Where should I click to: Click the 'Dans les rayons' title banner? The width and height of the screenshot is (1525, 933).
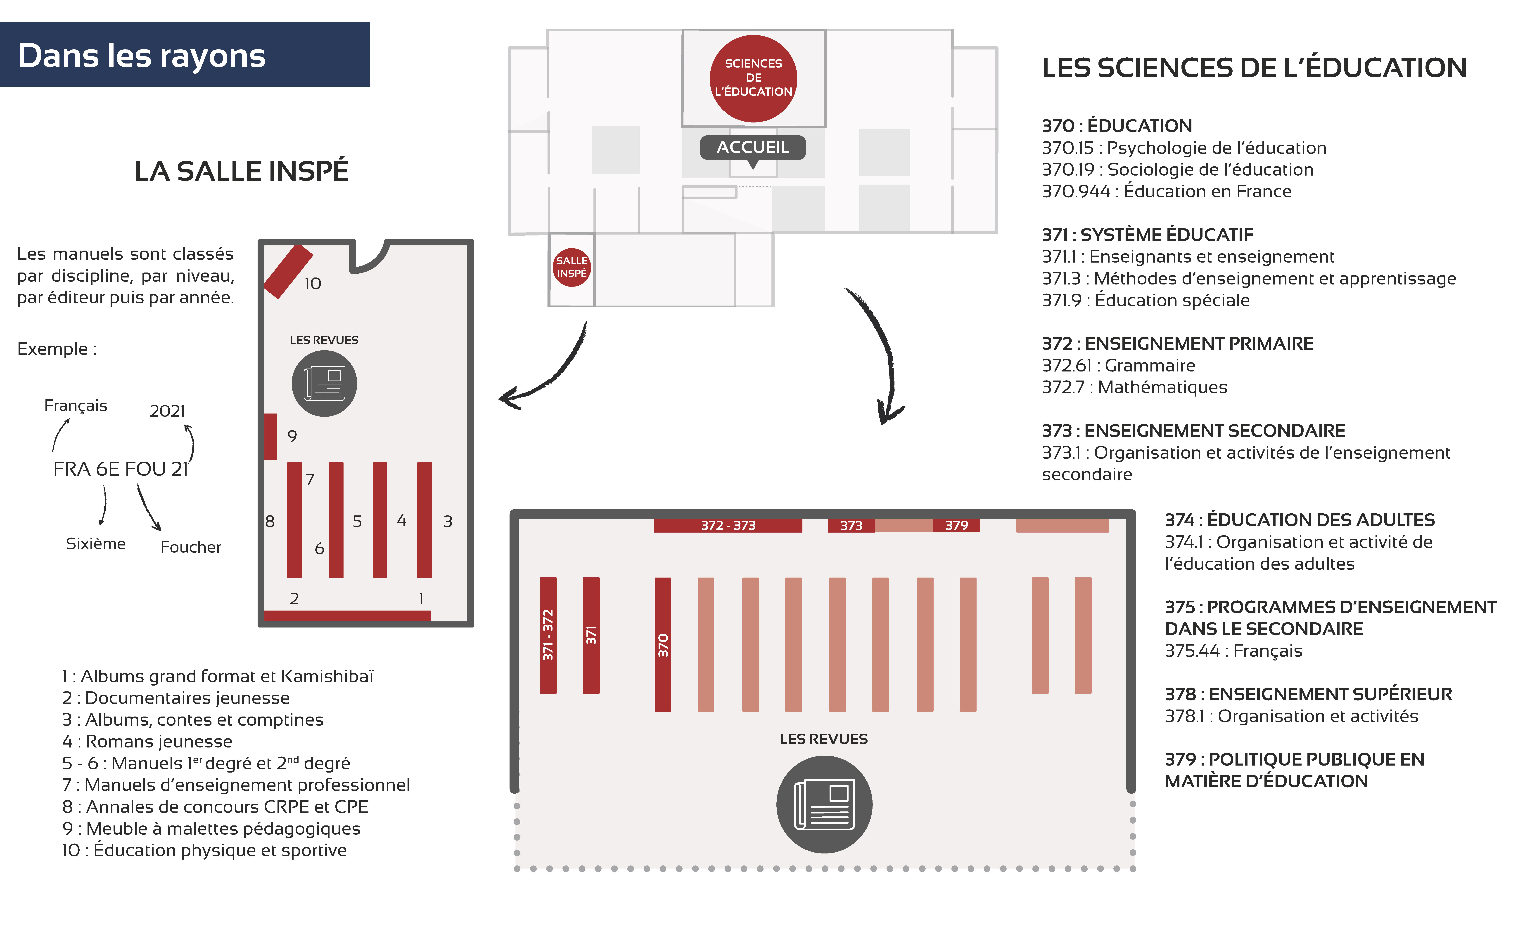point(184,54)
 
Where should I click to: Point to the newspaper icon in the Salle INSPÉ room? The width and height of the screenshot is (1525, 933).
point(324,384)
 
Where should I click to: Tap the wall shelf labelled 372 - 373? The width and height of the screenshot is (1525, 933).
point(728,525)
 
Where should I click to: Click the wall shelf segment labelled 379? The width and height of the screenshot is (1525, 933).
point(956,525)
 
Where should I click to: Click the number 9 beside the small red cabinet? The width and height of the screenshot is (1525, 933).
point(292,436)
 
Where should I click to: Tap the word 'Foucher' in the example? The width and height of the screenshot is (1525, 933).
point(191,547)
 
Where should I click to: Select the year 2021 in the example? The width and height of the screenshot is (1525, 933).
point(167,411)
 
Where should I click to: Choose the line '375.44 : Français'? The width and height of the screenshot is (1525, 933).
point(1233,651)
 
